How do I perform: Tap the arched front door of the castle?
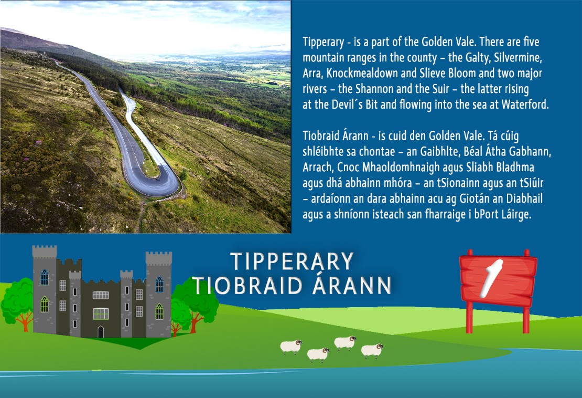click(101, 331)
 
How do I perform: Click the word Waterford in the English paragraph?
click(525, 104)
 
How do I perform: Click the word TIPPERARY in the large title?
click(292, 261)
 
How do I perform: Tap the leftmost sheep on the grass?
click(291, 347)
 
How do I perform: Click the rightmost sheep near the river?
click(372, 350)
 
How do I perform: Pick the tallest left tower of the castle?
click(45, 290)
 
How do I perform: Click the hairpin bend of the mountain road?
click(163, 182)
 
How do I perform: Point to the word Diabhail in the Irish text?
click(524, 198)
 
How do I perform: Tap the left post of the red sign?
click(470, 317)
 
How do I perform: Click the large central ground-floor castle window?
click(100, 314)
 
